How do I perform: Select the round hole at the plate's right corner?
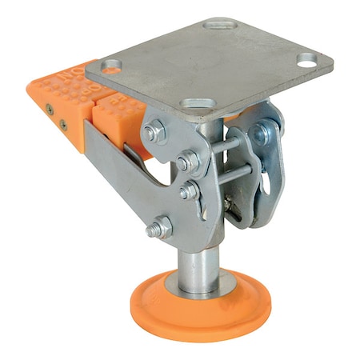(x=307, y=58)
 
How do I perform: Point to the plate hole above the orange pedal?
(x=113, y=65)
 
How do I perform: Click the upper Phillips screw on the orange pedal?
(x=50, y=108)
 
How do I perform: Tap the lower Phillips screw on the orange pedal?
(x=63, y=124)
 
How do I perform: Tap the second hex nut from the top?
(x=188, y=162)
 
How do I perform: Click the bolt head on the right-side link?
(x=261, y=134)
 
